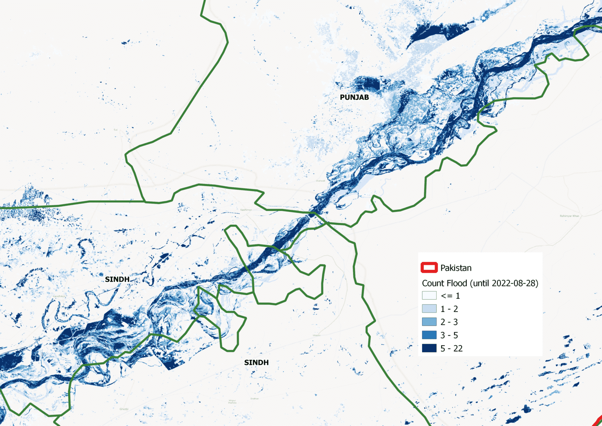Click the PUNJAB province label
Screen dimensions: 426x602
point(354,97)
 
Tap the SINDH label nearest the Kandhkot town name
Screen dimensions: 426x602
point(117,279)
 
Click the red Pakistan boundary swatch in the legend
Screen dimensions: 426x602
point(429,268)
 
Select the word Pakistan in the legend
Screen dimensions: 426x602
point(456,268)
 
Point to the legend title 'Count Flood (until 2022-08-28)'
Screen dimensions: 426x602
point(480,283)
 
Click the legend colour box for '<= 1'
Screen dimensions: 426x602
point(429,296)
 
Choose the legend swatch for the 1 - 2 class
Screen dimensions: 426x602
point(429,309)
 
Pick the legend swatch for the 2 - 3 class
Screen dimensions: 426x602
point(429,322)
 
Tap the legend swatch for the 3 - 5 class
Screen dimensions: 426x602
point(429,335)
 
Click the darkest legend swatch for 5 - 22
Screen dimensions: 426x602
point(429,348)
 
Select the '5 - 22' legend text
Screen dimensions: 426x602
point(451,348)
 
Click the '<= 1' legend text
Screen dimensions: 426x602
point(450,296)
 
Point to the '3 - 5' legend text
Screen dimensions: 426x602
point(449,335)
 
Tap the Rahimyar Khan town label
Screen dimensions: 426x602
point(569,216)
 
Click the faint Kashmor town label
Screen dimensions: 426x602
point(246,210)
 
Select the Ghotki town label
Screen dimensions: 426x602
point(124,409)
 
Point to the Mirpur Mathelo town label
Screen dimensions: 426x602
point(232,402)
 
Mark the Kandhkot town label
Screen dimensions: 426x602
point(60,296)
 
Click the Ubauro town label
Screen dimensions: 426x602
point(317,335)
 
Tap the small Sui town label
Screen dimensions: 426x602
point(116,129)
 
